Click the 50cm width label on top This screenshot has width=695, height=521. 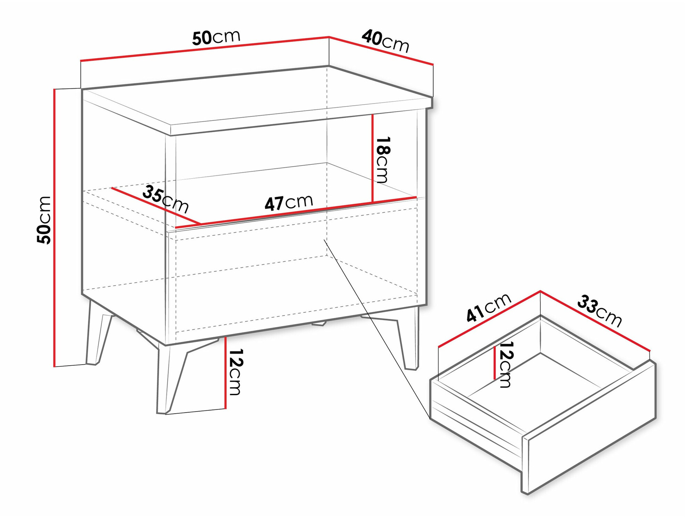tap(216, 37)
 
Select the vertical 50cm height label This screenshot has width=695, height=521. tap(44, 220)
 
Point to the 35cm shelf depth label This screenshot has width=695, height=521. tap(165, 199)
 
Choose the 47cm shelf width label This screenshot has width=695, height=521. tap(289, 203)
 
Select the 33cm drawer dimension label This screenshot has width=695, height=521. tap(599, 311)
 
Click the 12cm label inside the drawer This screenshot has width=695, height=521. tap(506, 365)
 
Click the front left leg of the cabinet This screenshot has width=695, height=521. tap(170, 379)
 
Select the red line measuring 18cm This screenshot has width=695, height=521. tap(372, 158)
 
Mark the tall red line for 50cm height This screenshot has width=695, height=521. tap(55, 228)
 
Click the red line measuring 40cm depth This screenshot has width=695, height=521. tap(381, 50)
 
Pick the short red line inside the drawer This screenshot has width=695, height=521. tap(494, 363)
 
